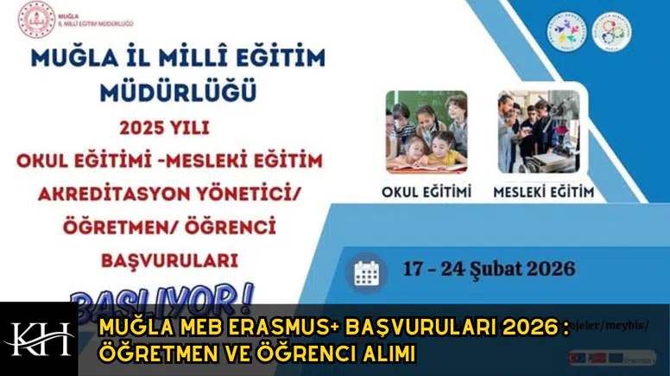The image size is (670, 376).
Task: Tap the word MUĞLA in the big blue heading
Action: point(69,58)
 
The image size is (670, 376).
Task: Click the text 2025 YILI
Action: point(164,128)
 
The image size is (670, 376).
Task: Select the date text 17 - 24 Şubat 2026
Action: point(489,269)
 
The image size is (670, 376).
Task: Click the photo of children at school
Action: point(427,132)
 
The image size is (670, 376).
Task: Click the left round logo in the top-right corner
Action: point(566,30)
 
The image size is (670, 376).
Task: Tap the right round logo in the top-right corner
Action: point(613,30)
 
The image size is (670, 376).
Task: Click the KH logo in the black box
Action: point(39,339)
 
